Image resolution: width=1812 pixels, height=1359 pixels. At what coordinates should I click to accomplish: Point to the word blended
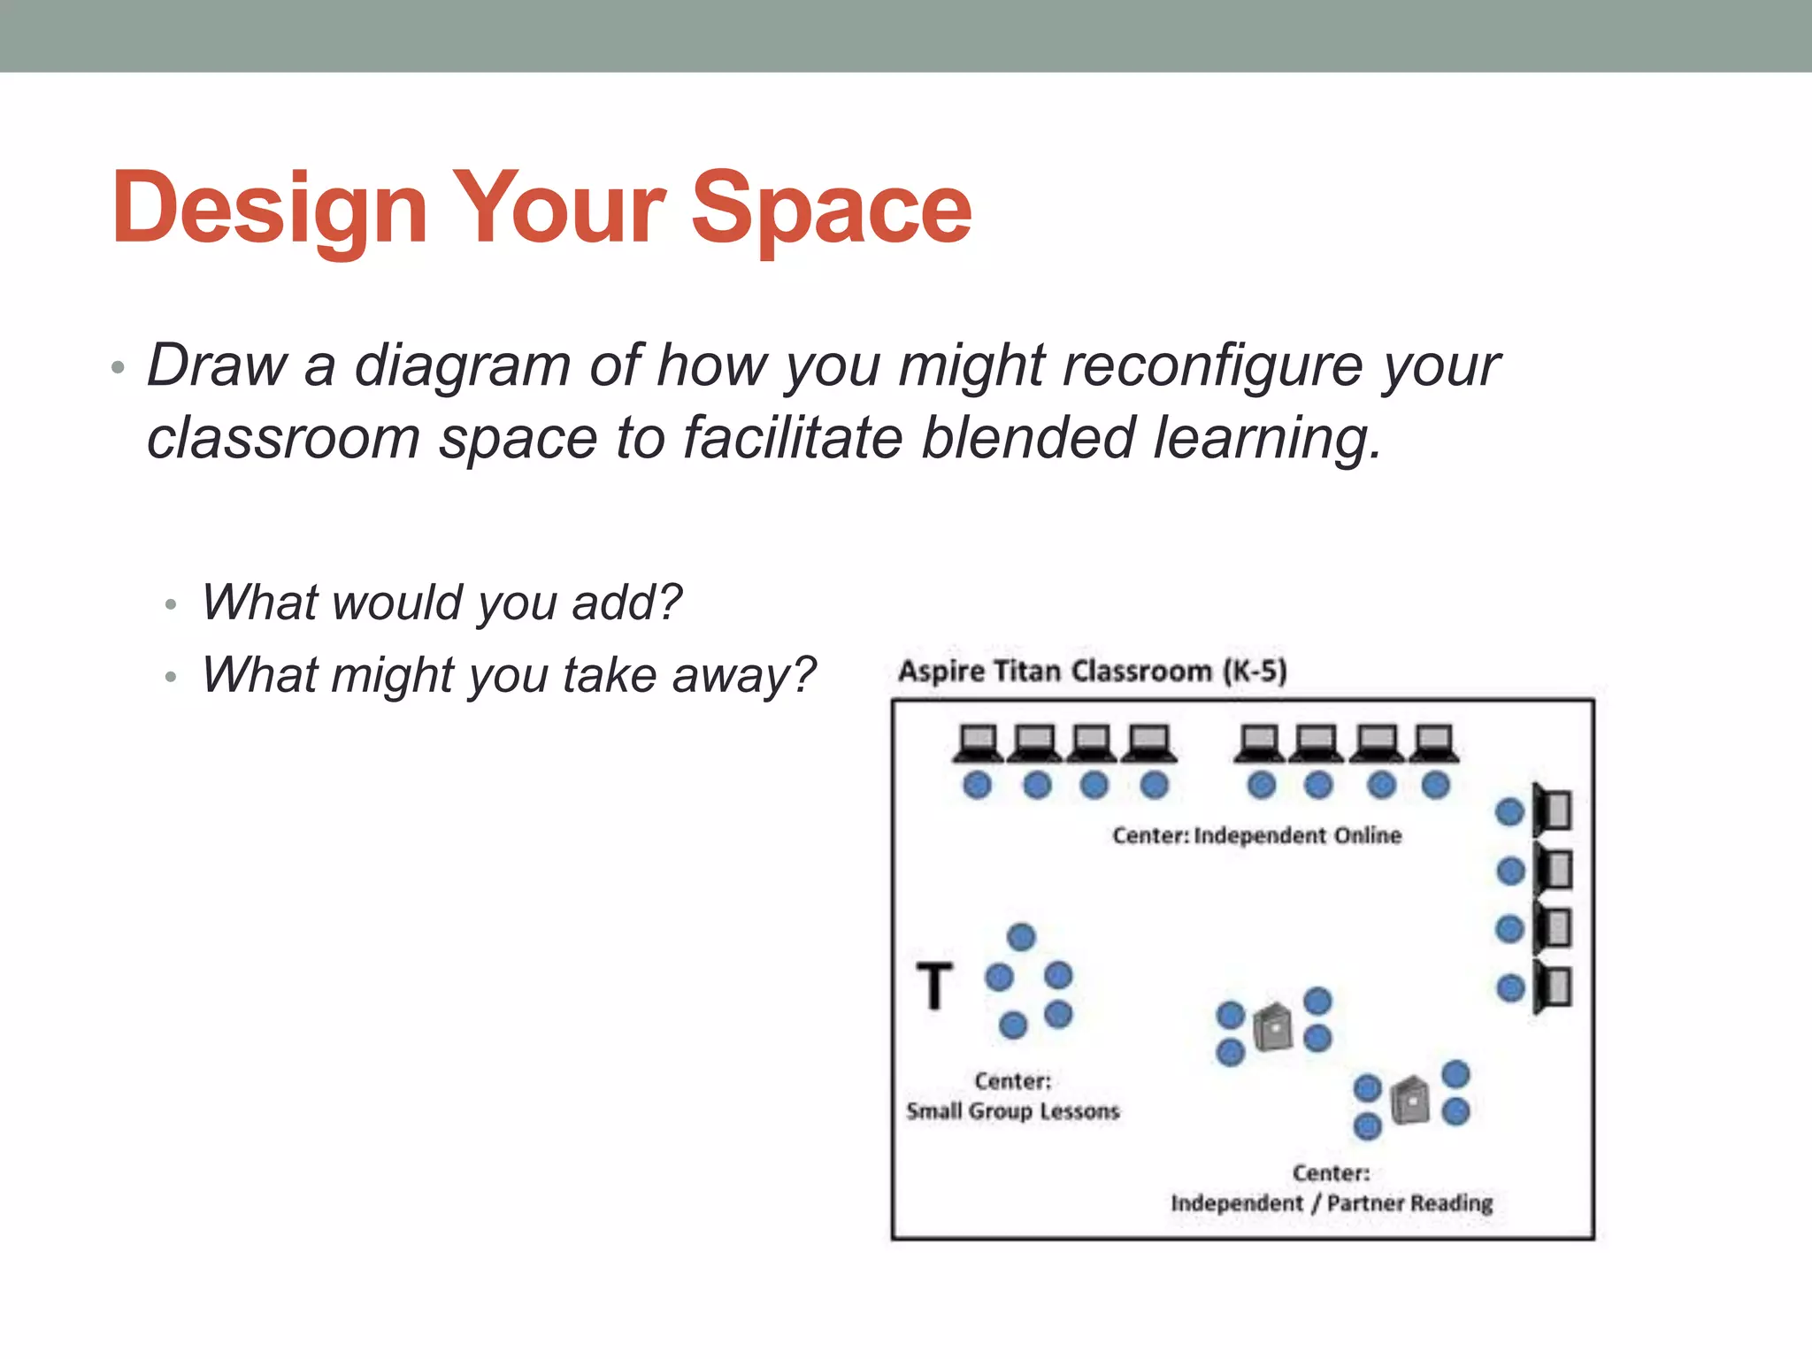pyautogui.click(x=1027, y=438)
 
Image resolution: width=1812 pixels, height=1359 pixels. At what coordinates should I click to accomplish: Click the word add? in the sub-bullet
pyautogui.click(x=626, y=603)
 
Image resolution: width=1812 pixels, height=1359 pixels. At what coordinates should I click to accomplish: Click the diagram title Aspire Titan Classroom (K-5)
pyautogui.click(x=1092, y=671)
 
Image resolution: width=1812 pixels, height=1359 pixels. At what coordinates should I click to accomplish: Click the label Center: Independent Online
pyautogui.click(x=1256, y=835)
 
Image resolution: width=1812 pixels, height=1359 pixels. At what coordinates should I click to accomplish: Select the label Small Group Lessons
pyautogui.click(x=1012, y=1111)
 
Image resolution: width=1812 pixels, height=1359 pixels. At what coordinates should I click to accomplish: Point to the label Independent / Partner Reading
pyautogui.click(x=1332, y=1203)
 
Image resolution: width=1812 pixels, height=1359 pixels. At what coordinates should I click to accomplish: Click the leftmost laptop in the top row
pyautogui.click(x=979, y=743)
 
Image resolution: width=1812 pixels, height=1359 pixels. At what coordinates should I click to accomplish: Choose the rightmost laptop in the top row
pyautogui.click(x=1434, y=743)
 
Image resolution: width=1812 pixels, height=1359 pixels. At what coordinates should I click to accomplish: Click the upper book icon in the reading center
pyautogui.click(x=1273, y=1027)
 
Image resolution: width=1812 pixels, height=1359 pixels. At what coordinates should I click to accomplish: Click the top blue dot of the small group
pyautogui.click(x=1021, y=937)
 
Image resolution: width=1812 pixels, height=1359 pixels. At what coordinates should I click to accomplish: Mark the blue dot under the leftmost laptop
pyautogui.click(x=977, y=785)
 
